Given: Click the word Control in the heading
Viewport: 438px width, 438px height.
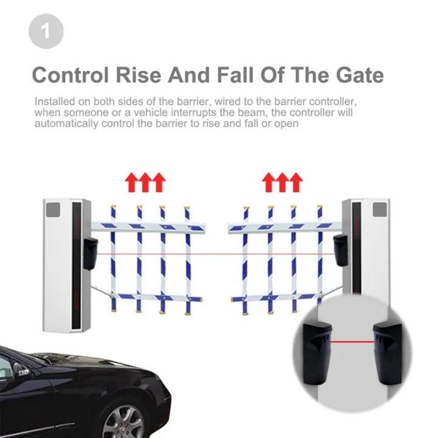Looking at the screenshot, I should (72, 75).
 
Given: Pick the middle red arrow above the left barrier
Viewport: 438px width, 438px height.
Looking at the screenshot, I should (145, 182).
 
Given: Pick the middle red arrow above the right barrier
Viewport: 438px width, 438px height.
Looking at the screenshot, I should (282, 182).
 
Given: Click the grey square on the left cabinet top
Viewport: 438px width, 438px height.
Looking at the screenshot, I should (54, 210).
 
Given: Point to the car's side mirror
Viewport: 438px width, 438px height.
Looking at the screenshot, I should (23, 370).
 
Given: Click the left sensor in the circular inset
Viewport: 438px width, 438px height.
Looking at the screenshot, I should (315, 353).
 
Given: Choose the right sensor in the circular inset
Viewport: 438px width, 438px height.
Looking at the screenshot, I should (386, 353).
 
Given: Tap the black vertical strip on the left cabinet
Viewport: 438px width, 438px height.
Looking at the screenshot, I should (76, 265).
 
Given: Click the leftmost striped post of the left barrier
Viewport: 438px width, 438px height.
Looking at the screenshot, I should (113, 259).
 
